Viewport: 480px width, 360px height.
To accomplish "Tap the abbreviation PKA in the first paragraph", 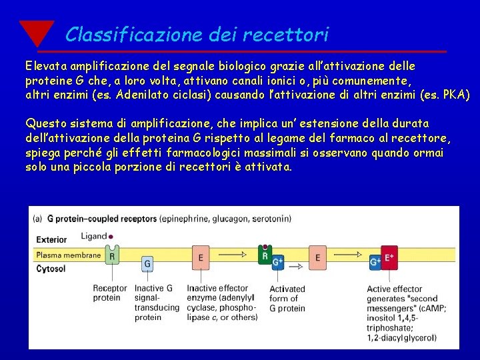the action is [456, 94].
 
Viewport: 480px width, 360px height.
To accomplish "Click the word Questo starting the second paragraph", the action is [47, 124].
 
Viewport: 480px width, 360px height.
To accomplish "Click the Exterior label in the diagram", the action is [52, 239].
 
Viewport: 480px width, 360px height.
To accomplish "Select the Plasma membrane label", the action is [69, 255].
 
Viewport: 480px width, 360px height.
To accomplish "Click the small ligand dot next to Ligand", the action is [111, 236].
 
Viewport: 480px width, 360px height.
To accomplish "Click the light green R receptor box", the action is [111, 255].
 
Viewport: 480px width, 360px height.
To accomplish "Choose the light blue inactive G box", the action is [147, 265].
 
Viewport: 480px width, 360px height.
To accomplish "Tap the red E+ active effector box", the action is [389, 257].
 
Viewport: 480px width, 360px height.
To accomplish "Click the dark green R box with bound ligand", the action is [265, 255].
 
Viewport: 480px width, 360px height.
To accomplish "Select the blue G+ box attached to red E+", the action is [376, 263].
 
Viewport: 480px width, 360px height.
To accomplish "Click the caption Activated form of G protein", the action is [287, 299].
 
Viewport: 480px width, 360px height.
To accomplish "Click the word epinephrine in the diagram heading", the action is [186, 218].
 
